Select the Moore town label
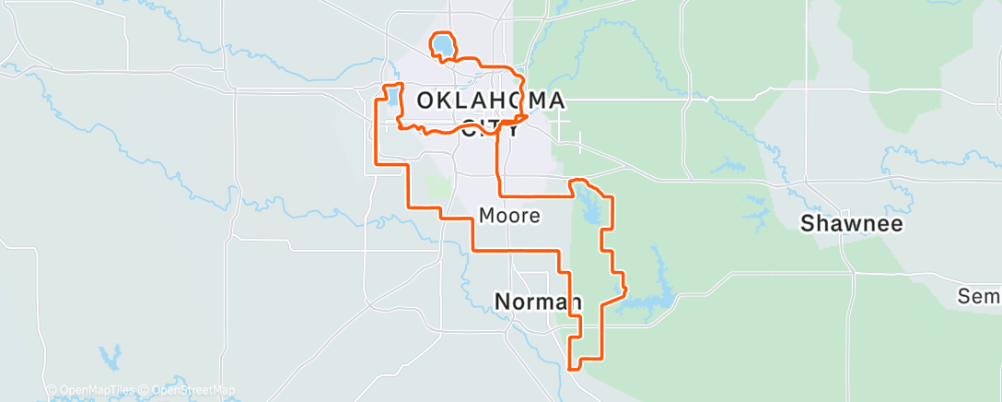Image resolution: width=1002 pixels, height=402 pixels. click(x=508, y=216)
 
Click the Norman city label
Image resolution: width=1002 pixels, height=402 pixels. click(x=538, y=301)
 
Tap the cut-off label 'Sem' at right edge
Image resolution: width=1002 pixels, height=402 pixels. click(x=979, y=296)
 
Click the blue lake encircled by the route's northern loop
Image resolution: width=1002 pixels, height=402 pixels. click(x=443, y=45)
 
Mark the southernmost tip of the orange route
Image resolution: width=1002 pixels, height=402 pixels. click(x=573, y=368)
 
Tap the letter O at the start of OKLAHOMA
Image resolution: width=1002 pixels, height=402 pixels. click(x=426, y=100)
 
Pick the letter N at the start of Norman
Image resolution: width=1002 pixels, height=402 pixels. click(x=503, y=301)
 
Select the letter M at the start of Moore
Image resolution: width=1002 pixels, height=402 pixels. click(x=486, y=216)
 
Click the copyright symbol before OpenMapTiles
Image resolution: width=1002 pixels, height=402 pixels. click(x=52, y=391)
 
